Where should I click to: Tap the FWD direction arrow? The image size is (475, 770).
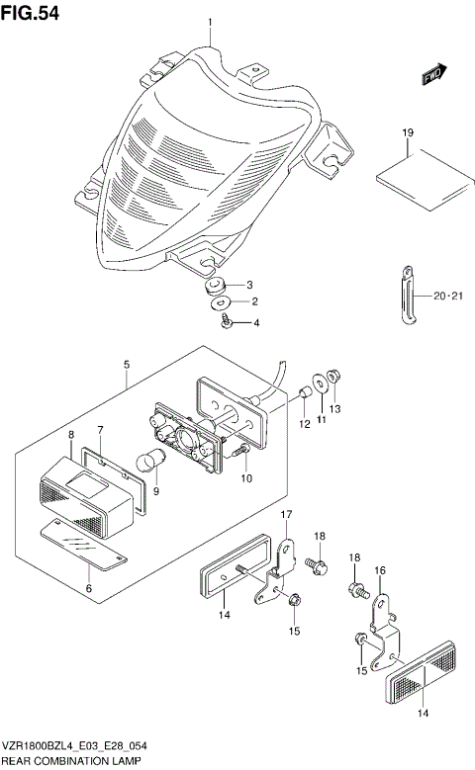pyautogui.click(x=432, y=73)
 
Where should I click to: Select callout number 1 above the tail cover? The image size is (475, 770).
pyautogui.click(x=210, y=23)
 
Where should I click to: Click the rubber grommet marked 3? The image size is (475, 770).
pyautogui.click(x=213, y=287)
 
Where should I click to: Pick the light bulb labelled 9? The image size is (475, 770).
pyautogui.click(x=154, y=461)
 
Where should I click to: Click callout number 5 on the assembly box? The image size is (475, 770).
pyautogui.click(x=127, y=365)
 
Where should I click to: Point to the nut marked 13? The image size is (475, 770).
pyautogui.click(x=333, y=377)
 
